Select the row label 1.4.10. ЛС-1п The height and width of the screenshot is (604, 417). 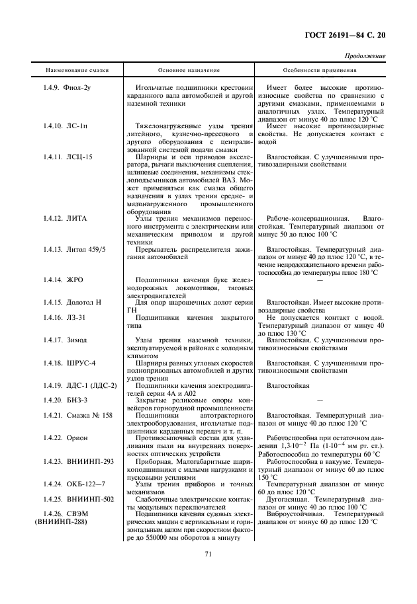click(x=68, y=125)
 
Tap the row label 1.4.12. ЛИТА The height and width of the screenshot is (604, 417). click(x=65, y=217)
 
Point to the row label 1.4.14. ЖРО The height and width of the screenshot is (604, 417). click(x=63, y=280)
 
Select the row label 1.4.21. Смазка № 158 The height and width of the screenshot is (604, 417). click(x=79, y=415)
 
